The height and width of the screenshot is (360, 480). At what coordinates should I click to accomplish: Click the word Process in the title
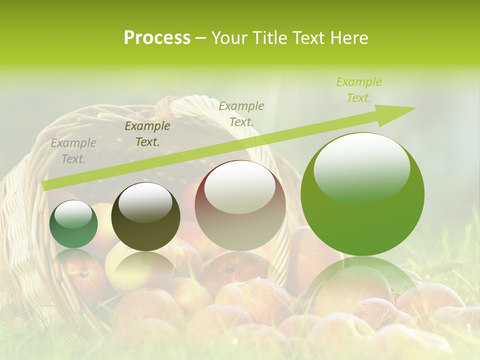click(x=157, y=38)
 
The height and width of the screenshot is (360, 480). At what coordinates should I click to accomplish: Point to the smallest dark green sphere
click(x=73, y=224)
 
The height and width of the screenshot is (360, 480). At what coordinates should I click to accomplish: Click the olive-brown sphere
click(x=145, y=217)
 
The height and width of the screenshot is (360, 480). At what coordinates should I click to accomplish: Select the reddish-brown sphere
click(x=240, y=206)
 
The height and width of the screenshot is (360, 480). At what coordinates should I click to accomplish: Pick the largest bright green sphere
click(x=362, y=195)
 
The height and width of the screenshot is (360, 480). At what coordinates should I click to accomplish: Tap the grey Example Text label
click(x=73, y=151)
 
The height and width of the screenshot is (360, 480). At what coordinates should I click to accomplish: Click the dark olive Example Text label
click(x=147, y=134)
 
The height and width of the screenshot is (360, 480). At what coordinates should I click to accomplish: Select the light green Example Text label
click(x=359, y=90)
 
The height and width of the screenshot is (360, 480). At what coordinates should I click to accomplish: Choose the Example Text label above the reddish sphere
click(x=241, y=113)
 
